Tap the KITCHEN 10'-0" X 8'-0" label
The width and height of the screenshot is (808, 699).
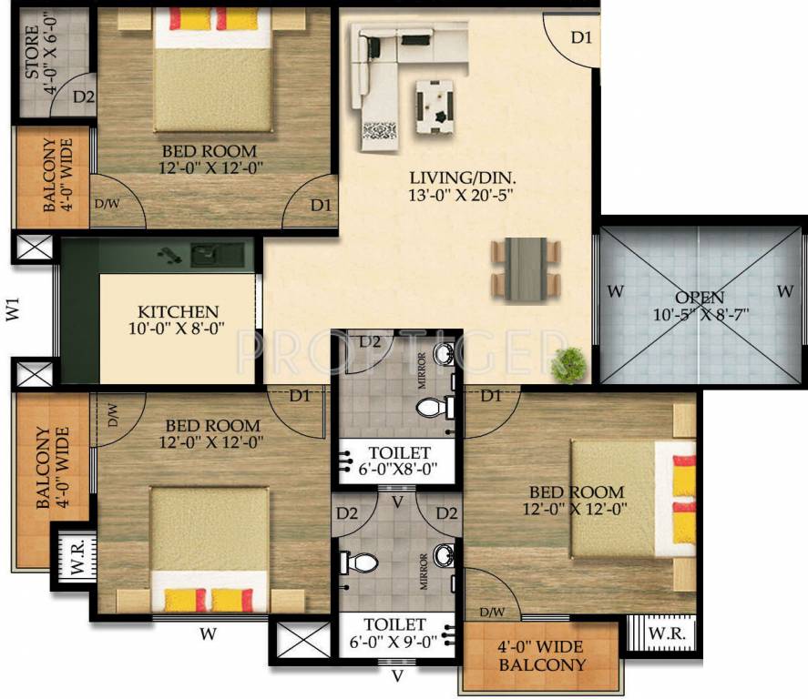tap(179, 319)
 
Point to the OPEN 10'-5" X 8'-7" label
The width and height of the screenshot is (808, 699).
tap(700, 306)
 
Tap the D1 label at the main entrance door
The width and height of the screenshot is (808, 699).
tap(581, 37)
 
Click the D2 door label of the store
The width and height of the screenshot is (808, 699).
tap(84, 96)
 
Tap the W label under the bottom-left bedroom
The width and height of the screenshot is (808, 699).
tap(209, 633)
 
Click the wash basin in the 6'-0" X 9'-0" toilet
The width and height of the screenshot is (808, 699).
tap(444, 554)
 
